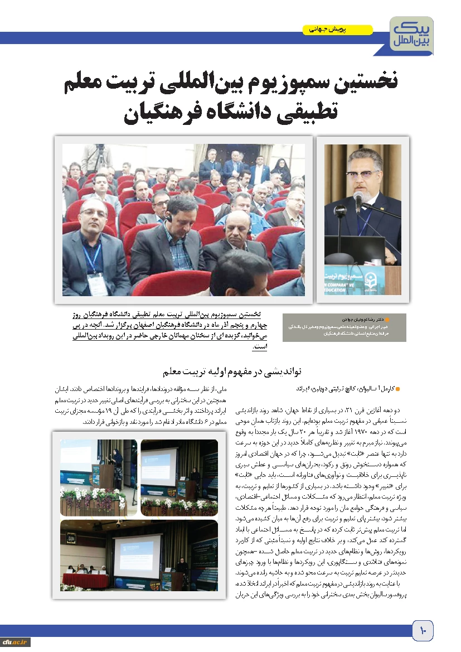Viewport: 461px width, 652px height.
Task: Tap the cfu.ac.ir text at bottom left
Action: pos(16,642)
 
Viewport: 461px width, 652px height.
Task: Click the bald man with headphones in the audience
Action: pos(234,235)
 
